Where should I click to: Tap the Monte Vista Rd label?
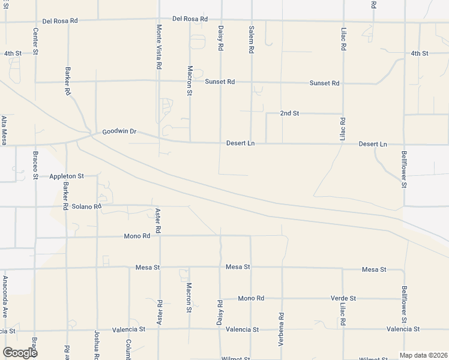[159, 46]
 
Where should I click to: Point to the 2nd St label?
[289, 113]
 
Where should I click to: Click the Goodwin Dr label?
[119, 131]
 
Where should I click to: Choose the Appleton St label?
[66, 176]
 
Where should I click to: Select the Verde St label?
[343, 298]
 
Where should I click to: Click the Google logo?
[20, 353]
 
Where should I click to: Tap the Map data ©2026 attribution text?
[423, 355]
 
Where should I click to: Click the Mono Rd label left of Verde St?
[251, 298]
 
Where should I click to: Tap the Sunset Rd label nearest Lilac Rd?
[324, 83]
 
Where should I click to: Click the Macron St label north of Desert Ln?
[189, 80]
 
